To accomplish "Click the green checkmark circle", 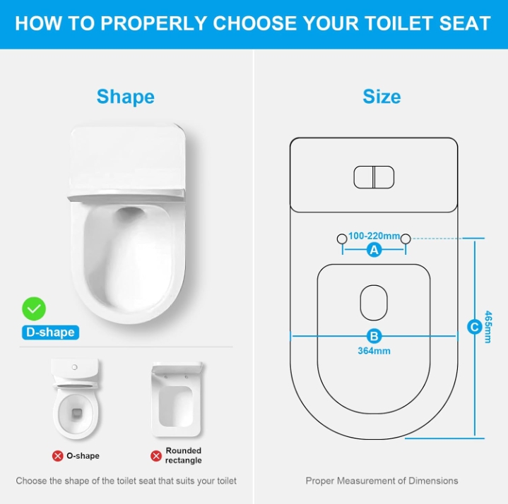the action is tap(34, 308).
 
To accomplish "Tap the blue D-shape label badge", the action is tap(50, 332).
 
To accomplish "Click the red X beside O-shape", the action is tap(58, 456).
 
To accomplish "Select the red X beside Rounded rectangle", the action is tap(156, 456).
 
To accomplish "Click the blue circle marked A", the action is tap(374, 250).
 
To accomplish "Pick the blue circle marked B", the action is tap(374, 336).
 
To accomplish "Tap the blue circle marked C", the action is tap(475, 327).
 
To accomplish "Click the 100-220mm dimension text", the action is tap(374, 236).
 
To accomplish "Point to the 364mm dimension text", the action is tap(374, 351).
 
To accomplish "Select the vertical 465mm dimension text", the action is tap(488, 327).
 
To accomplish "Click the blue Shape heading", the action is tap(126, 97).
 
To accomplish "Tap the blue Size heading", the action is tap(382, 97).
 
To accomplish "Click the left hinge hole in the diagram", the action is tap(342, 239).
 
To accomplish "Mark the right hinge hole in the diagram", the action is tap(406, 239).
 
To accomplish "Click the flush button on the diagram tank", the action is tap(374, 177).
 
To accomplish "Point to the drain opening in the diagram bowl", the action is tap(374, 303).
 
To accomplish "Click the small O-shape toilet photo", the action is tap(76, 399).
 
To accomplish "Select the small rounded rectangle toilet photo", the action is tap(177, 400).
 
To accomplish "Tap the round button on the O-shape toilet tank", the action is tap(74, 367).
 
